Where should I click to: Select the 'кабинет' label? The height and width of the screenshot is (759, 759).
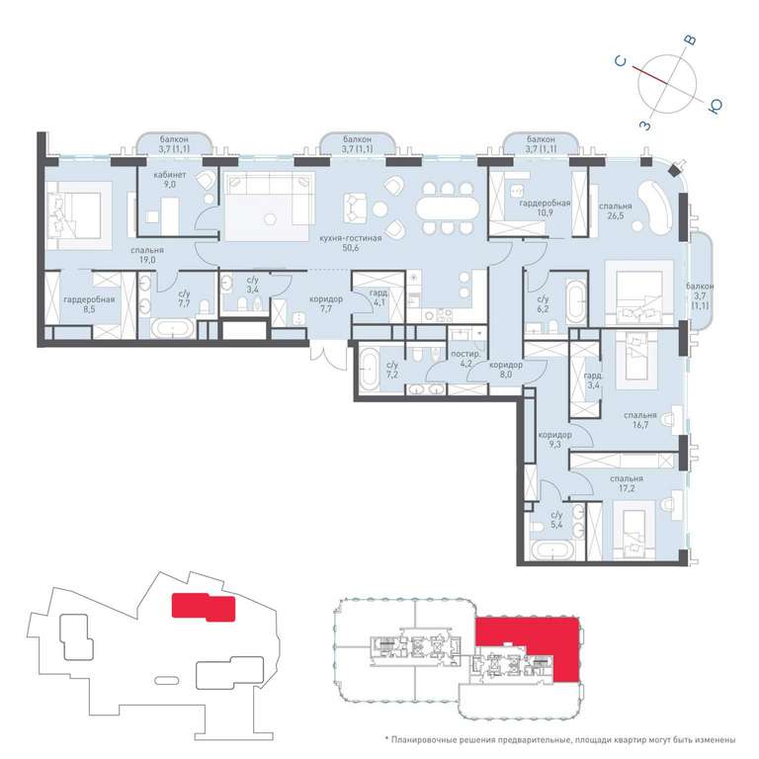(169, 175)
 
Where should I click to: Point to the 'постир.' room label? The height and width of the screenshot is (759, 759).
(465, 354)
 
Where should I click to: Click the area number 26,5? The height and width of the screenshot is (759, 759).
(616, 215)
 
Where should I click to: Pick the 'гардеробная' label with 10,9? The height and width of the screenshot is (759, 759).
(545, 204)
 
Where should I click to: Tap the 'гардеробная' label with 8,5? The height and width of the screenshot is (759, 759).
(89, 299)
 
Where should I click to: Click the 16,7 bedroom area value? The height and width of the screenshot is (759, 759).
(640, 425)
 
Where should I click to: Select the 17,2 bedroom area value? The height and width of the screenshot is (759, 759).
(627, 488)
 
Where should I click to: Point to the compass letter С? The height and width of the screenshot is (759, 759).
(621, 61)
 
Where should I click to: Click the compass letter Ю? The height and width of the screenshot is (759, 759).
(716, 106)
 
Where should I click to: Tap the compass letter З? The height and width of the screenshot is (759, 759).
(645, 126)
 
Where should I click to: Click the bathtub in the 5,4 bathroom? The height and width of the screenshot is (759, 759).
(552, 550)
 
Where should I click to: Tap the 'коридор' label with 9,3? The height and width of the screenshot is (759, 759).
(554, 435)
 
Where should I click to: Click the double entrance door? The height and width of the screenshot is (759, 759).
(329, 357)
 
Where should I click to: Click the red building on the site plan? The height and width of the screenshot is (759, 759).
(204, 607)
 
